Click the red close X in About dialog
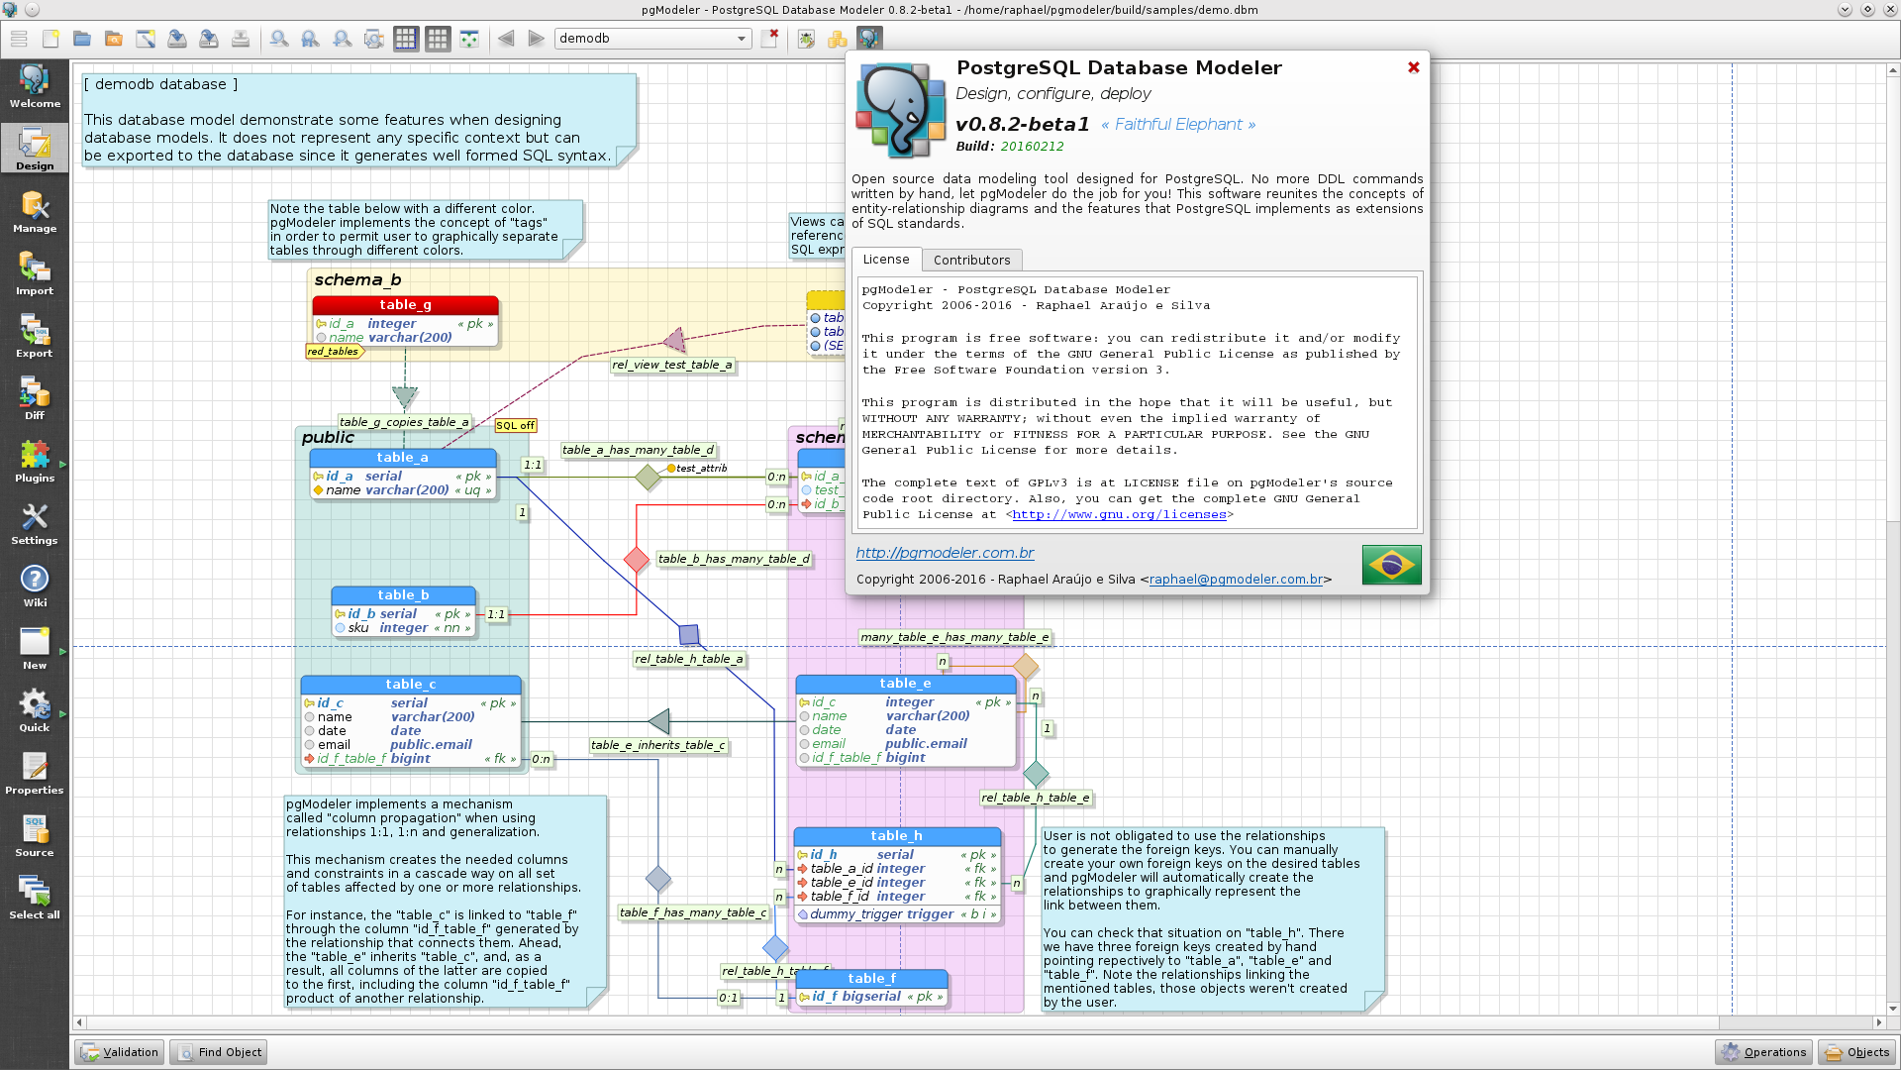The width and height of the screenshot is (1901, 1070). point(1414,67)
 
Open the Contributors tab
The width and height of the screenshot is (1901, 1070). point(971,260)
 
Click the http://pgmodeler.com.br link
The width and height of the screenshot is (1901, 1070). point(945,553)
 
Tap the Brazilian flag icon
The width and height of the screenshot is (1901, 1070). point(1391,565)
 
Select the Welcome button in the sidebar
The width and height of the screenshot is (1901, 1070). point(35,87)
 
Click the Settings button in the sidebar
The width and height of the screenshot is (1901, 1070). point(35,524)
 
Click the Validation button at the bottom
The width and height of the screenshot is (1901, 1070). point(120,1052)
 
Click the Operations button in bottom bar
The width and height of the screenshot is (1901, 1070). point(1763,1052)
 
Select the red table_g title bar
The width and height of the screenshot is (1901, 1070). point(405,305)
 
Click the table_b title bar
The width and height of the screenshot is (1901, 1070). point(403,595)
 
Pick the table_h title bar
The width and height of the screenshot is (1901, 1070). point(897,836)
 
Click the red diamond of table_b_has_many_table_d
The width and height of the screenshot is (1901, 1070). point(637,561)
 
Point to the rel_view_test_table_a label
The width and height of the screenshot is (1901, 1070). point(672,365)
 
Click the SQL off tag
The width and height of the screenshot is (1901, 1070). point(515,426)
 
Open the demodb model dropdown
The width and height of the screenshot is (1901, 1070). point(652,39)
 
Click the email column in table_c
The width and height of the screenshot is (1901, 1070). point(334,745)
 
